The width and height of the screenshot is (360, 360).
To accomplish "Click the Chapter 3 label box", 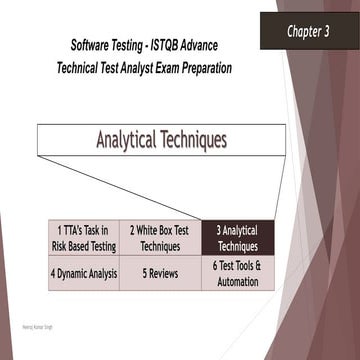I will pos(309,31).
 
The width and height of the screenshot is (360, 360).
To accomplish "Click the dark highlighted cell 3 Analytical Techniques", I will pos(237,238).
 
